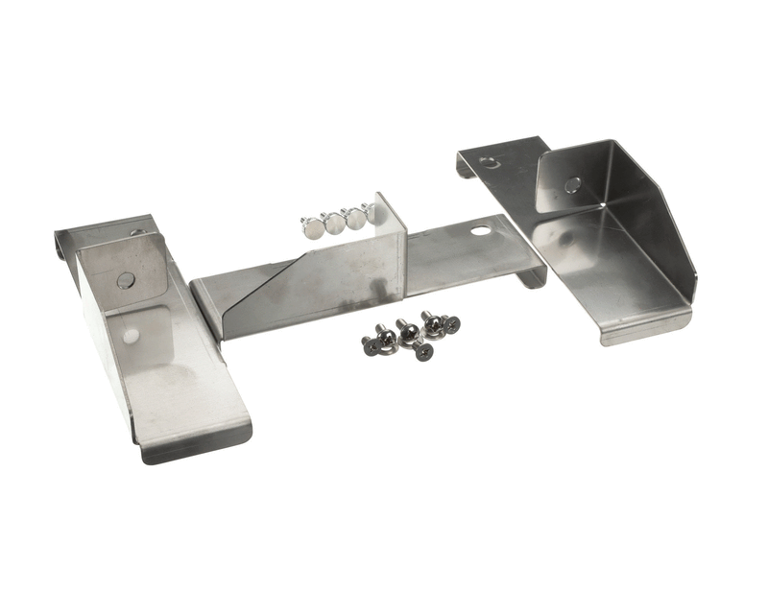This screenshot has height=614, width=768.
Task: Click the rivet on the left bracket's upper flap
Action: [x=126, y=280]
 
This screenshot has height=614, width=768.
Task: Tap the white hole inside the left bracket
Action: [x=131, y=336]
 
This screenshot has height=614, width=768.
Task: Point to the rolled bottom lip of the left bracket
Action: [x=197, y=443]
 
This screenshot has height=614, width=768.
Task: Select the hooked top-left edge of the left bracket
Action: [x=61, y=245]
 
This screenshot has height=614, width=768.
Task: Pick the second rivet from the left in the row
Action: [x=334, y=224]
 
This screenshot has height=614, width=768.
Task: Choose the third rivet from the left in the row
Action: [x=354, y=219]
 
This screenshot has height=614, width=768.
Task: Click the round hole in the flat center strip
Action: [x=478, y=230]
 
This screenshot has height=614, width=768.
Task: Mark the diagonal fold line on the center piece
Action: [x=278, y=288]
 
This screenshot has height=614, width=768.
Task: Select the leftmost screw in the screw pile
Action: [x=371, y=345]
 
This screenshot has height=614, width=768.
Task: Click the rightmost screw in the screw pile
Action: [x=449, y=324]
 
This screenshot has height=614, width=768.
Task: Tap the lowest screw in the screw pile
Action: [x=421, y=351]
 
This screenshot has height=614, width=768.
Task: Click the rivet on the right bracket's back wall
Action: [x=571, y=185]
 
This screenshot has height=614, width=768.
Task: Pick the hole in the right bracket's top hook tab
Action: [x=491, y=162]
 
